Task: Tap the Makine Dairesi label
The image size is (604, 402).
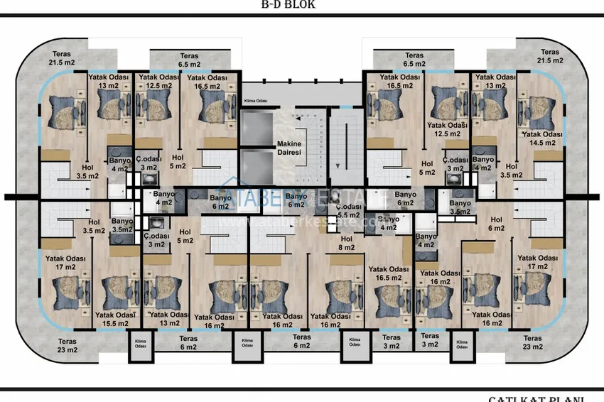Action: (x=289, y=148)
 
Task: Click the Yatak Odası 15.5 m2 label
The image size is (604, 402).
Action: (x=115, y=319)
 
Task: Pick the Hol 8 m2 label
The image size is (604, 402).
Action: (x=346, y=243)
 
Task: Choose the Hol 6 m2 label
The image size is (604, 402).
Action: (x=496, y=224)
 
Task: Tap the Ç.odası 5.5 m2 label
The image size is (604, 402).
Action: (x=347, y=210)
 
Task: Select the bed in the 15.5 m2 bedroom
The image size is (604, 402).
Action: (x=117, y=289)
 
